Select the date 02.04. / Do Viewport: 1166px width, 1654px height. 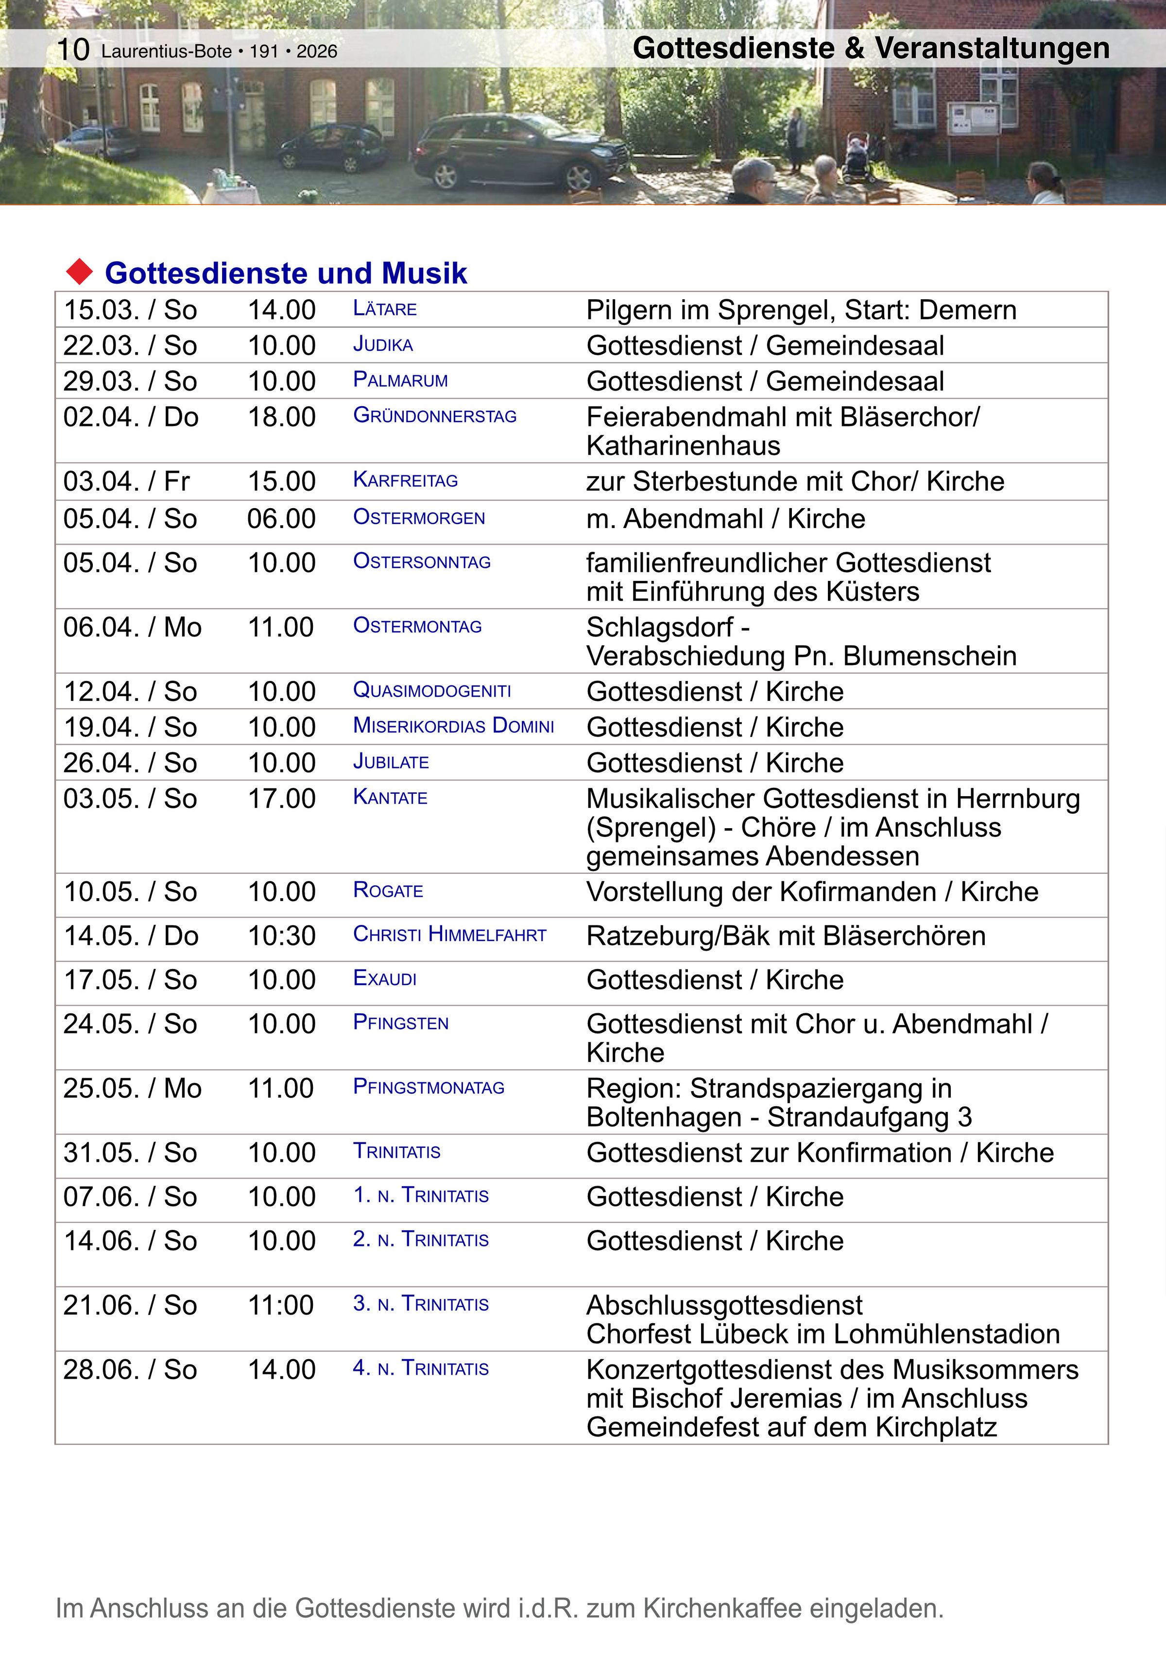(x=130, y=417)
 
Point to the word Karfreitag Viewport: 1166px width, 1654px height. (x=405, y=480)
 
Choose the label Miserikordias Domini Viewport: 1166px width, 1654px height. (x=453, y=726)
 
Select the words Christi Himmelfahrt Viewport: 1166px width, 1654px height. (x=450, y=935)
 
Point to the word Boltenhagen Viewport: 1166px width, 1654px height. (x=664, y=1117)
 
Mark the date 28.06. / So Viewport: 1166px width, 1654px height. (x=130, y=1369)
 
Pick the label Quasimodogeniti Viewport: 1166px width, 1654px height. (x=432, y=691)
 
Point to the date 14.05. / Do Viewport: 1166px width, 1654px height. (x=130, y=936)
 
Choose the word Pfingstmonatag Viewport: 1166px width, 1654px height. (x=429, y=1087)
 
